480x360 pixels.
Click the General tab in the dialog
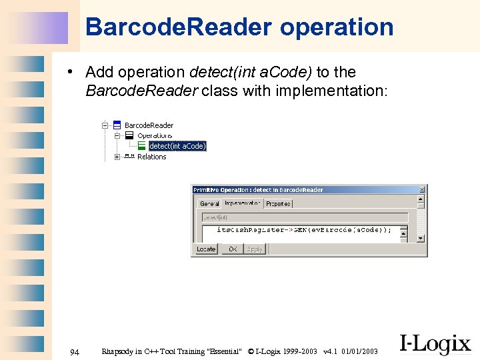(x=209, y=203)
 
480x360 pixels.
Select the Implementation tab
(x=242, y=203)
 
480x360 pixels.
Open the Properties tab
(x=278, y=203)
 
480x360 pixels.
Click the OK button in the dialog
(x=233, y=249)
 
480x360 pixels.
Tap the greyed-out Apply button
(x=255, y=249)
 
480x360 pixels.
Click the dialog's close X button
(x=421, y=190)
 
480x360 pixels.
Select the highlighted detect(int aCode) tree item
(x=177, y=146)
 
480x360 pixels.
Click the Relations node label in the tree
(x=151, y=157)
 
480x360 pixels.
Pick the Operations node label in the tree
(x=155, y=135)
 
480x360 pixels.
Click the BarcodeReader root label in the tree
(x=149, y=125)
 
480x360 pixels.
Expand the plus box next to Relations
(x=117, y=157)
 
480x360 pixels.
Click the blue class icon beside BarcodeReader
(x=117, y=125)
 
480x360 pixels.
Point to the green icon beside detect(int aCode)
(x=141, y=146)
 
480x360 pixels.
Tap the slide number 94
(x=75, y=351)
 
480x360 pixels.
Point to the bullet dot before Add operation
(x=78, y=73)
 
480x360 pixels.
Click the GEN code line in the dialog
(x=304, y=229)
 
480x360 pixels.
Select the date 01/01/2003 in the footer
(x=360, y=351)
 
